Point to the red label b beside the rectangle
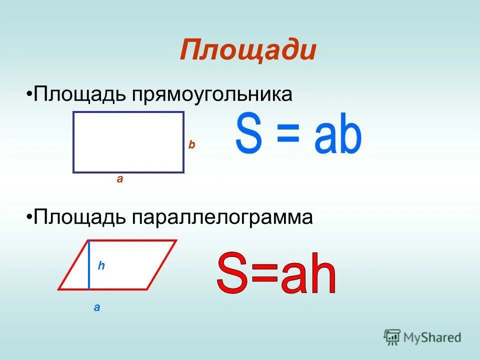[x=191, y=145]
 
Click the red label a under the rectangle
[x=119, y=179]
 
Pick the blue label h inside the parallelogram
[x=101, y=266]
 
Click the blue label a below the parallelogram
[x=96, y=308]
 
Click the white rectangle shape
[x=128, y=142]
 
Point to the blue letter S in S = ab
[x=248, y=133]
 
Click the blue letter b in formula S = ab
[x=349, y=133]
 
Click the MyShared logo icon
[x=392, y=337]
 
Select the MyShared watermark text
[x=431, y=338]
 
